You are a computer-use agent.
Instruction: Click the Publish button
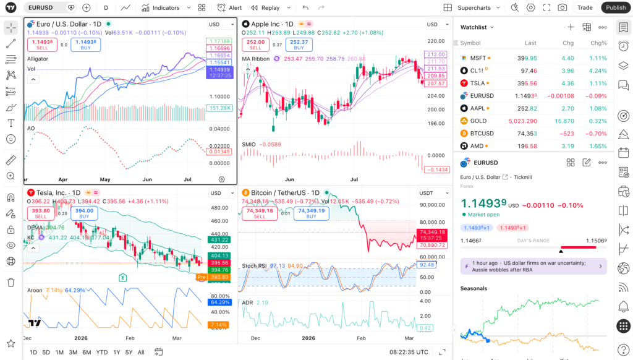coord(616,7)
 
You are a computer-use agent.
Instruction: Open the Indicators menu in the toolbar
coord(160,7)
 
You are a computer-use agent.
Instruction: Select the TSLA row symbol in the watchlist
coord(478,83)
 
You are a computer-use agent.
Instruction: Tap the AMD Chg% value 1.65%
coord(598,146)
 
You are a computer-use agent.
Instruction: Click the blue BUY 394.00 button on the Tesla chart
coord(84,213)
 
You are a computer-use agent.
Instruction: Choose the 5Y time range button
coord(129,352)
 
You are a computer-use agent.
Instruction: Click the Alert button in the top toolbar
coord(230,7)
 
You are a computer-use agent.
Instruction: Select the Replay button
coord(265,7)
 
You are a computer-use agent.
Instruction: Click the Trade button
coord(584,7)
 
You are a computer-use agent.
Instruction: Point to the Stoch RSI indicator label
coord(254,265)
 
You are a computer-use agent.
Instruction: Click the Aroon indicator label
coord(35,290)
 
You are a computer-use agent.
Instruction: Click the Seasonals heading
coord(474,288)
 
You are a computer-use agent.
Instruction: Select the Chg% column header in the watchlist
coord(598,43)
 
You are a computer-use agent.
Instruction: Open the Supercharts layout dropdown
coord(467,7)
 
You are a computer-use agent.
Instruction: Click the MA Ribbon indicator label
coord(255,59)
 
